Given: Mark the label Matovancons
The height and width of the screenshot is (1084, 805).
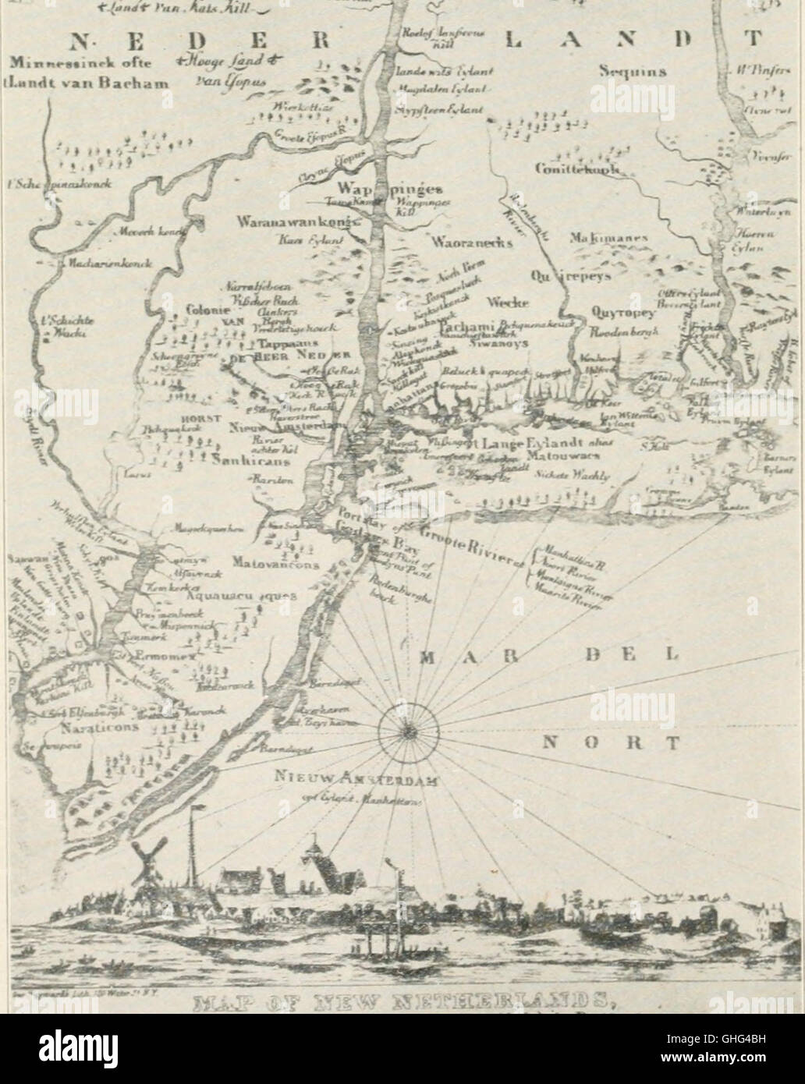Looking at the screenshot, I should click(271, 560).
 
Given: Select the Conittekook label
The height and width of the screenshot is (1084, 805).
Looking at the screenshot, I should click(577, 169).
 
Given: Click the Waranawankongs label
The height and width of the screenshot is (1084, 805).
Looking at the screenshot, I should click(296, 222).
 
